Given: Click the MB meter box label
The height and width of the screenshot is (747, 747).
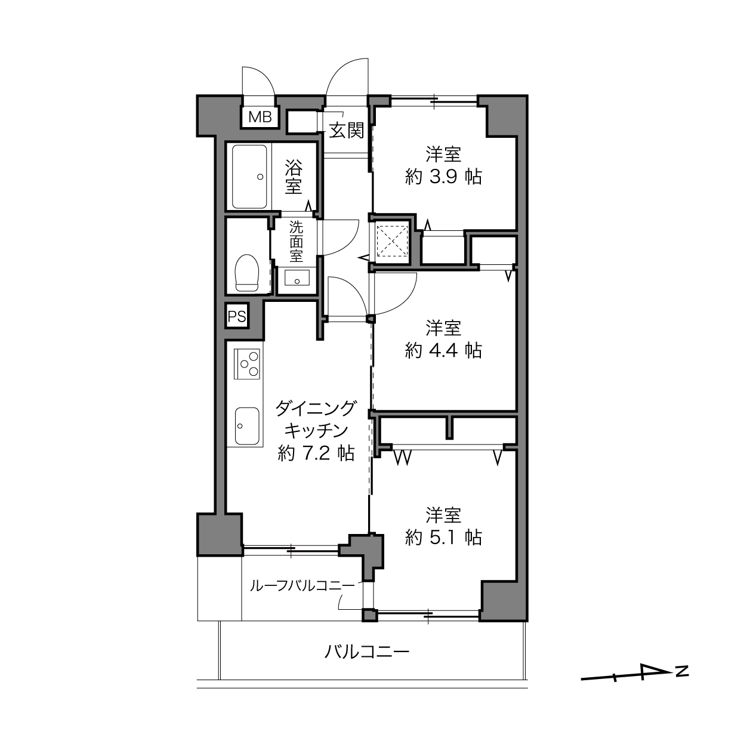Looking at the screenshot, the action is pos(260,117).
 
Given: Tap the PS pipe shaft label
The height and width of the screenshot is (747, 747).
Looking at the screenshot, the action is pos(236,317).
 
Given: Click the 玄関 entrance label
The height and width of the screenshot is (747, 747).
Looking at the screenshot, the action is pos(346,131).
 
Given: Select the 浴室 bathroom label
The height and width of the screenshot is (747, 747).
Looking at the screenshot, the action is pos(294,177).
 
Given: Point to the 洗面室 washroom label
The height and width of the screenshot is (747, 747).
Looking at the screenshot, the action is pos(296,241).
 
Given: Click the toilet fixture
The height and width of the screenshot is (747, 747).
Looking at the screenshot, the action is pos(247,273).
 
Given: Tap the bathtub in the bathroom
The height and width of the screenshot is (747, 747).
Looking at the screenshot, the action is pos(249,177).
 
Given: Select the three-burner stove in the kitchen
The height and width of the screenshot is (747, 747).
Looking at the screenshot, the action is pos(247,363).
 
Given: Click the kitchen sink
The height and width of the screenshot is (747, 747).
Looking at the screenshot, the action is pos(247,426).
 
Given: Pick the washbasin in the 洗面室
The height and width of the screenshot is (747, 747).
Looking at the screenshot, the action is pos(297,277).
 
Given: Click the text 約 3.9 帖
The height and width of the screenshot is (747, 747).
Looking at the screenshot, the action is pos(443,177).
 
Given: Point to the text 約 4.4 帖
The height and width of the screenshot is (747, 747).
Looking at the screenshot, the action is pos(443,350).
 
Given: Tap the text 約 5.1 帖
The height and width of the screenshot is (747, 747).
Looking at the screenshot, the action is pos(443,538).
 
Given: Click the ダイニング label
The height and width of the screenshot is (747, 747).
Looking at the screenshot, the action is pos(315,408).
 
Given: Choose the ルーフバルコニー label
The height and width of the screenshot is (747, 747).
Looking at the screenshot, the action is pos(302,585).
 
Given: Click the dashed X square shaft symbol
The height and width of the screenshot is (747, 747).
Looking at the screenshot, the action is pos(393,241).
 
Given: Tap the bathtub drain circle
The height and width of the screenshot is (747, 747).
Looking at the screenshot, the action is pos(260,177).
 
